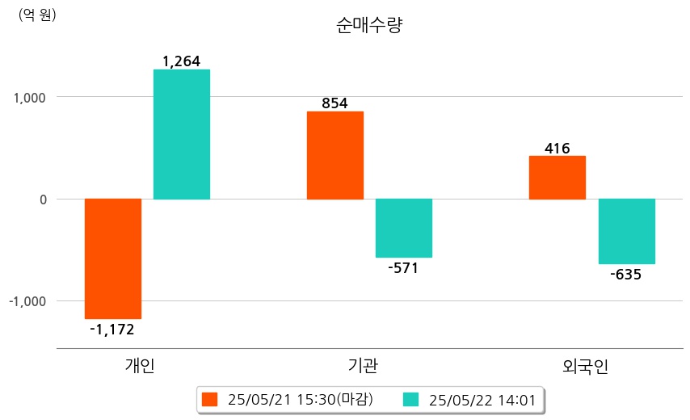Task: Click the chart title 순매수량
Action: pyautogui.click(x=368, y=25)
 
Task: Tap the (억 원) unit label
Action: pyautogui.click(x=37, y=15)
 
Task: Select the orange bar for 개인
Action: pyautogui.click(x=113, y=258)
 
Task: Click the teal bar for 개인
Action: pyautogui.click(x=182, y=134)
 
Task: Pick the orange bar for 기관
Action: pyautogui.click(x=334, y=155)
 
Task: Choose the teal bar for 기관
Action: pyautogui.click(x=404, y=228)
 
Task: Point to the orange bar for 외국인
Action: pyautogui.click(x=557, y=177)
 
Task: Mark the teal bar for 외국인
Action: pyautogui.click(x=626, y=231)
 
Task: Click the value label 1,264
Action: pyautogui.click(x=181, y=61)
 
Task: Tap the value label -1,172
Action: pyautogui.click(x=112, y=329)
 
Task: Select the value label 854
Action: pyautogui.click(x=334, y=103)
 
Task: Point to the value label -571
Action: pyautogui.click(x=403, y=267)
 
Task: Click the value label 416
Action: pyautogui.click(x=557, y=148)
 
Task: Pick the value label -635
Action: pyautogui.click(x=626, y=274)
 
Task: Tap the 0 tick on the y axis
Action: pyautogui.click(x=43, y=199)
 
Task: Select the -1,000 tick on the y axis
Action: pyautogui.click(x=27, y=300)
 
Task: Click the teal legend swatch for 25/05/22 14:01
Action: pyautogui.click(x=410, y=399)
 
